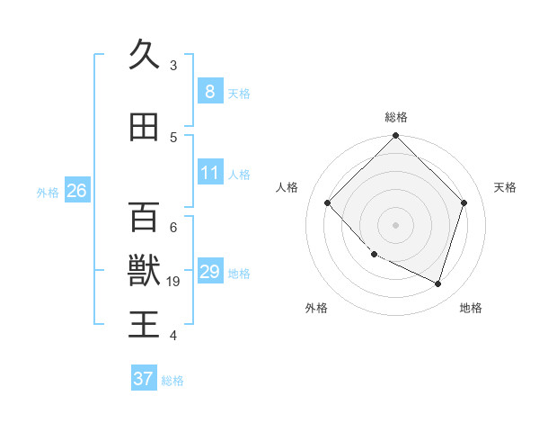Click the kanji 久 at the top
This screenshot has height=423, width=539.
(145, 56)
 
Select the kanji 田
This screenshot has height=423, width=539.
(145, 127)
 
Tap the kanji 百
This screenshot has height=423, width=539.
(145, 217)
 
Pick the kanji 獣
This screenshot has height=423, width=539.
(145, 271)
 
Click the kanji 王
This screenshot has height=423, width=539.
(145, 325)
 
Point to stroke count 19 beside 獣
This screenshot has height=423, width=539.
(174, 282)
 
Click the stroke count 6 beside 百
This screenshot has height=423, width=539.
(173, 228)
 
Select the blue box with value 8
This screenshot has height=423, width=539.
(209, 92)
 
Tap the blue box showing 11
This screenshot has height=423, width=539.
(210, 173)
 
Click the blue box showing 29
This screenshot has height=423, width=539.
(210, 272)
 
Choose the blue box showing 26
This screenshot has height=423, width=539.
(76, 191)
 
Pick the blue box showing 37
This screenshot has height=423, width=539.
(143, 379)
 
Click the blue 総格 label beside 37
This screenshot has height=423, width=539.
(172, 381)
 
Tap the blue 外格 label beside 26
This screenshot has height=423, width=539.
(48, 192)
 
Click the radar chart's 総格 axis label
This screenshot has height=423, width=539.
(396, 117)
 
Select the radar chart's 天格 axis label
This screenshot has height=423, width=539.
(505, 187)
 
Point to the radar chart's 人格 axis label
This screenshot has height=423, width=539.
(287, 187)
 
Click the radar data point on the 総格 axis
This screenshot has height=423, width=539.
(396, 137)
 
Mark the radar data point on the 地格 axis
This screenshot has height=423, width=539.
(438, 283)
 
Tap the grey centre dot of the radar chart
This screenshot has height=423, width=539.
(396, 224)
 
